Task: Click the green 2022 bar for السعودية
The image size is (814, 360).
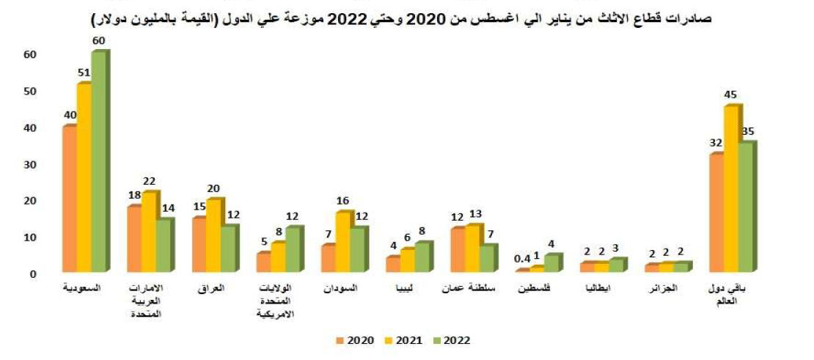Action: click(x=98, y=161)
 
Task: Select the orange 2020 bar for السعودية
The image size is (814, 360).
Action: click(x=69, y=198)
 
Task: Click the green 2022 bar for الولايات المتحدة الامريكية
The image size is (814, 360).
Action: click(x=292, y=249)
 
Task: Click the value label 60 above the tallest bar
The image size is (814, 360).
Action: click(x=99, y=40)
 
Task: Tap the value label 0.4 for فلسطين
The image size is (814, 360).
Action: click(x=521, y=258)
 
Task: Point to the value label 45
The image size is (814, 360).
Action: click(x=730, y=95)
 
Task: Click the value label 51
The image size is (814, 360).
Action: click(x=84, y=73)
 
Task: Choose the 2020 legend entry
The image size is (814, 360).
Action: click(x=355, y=340)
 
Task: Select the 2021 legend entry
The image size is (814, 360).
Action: click(x=403, y=340)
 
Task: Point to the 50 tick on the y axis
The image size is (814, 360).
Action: click(x=30, y=91)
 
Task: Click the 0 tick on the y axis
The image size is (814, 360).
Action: click(x=34, y=274)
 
